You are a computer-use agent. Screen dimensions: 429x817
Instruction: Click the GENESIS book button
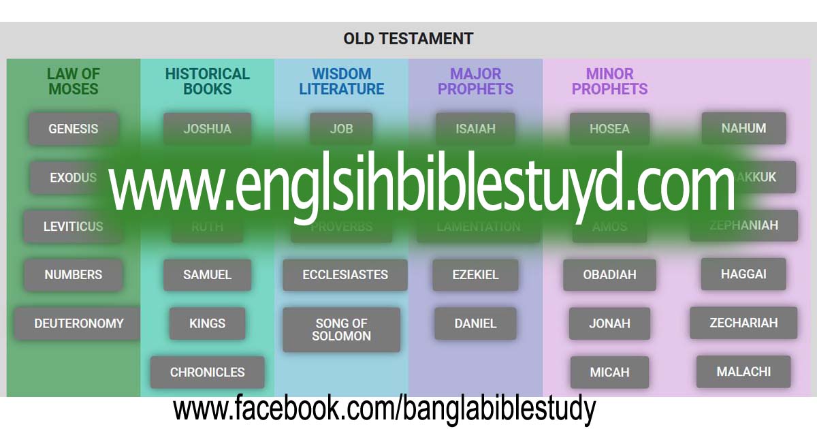coord(73,129)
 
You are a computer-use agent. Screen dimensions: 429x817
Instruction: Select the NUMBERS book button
coord(73,275)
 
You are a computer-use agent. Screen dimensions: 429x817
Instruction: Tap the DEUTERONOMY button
coord(78,323)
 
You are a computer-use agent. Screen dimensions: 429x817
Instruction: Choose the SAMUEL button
coord(207,275)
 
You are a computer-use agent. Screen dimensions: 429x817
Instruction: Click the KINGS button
coord(207,323)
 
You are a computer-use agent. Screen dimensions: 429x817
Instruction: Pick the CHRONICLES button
coord(207,372)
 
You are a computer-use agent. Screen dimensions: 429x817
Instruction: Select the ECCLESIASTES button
coord(345,275)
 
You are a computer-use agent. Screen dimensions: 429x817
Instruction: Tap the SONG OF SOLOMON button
coord(341,330)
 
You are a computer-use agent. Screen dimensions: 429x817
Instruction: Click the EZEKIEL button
coord(475,275)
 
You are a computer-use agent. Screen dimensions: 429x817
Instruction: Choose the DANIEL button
coord(475,323)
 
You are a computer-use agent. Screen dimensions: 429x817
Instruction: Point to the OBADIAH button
coord(609,275)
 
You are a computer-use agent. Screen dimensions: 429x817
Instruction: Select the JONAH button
coord(609,323)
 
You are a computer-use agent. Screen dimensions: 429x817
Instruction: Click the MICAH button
coord(609,372)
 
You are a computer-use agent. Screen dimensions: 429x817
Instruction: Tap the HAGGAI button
coord(743,274)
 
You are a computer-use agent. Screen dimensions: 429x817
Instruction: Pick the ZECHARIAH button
coord(743,323)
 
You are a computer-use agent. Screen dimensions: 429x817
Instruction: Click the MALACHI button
coord(743,372)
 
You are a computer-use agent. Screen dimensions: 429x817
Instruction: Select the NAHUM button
coord(743,128)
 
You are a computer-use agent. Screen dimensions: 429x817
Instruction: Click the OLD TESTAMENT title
coord(408,39)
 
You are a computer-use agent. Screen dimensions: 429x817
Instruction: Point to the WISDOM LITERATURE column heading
coord(341,81)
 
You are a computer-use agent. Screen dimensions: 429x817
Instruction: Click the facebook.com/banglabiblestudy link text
coord(384,409)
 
